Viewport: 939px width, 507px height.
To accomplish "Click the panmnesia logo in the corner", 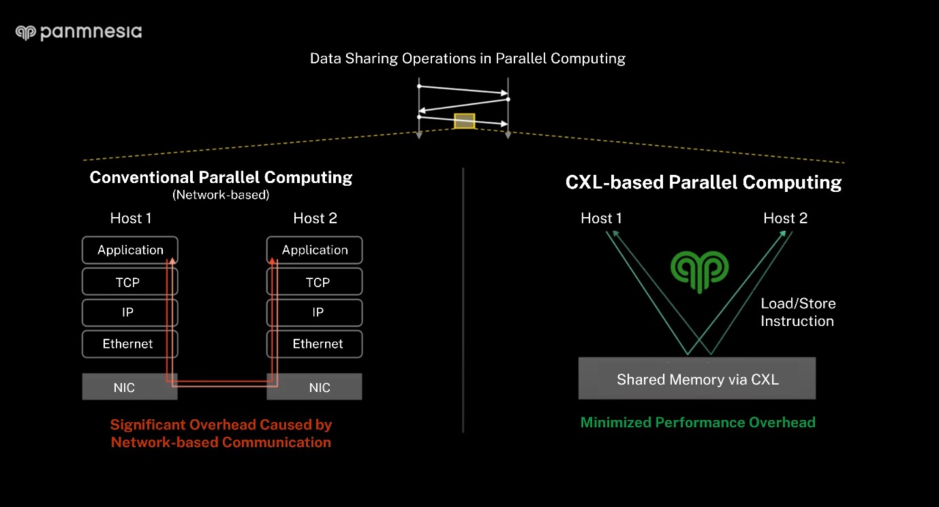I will (x=78, y=32).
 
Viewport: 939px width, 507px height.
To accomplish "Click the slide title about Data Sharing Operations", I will (x=467, y=58).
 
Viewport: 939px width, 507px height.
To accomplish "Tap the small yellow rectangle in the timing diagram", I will (x=464, y=121).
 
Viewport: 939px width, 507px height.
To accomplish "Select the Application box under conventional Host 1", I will (x=130, y=250).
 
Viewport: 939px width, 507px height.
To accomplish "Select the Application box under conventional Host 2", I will (x=315, y=250).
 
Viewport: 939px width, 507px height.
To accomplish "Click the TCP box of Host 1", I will (x=128, y=282).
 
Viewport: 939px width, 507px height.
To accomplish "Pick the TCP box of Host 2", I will (x=317, y=282).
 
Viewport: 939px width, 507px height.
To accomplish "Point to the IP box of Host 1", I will (x=128, y=312).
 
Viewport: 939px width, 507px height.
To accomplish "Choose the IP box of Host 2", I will (x=317, y=312).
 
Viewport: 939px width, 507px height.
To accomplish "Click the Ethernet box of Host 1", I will (x=128, y=344).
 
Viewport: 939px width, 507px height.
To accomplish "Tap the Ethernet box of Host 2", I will (x=317, y=344).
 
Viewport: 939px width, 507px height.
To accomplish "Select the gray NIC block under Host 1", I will (x=125, y=388).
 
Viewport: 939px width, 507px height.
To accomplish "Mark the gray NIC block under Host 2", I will (x=319, y=388).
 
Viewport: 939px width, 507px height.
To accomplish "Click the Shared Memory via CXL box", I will (x=697, y=379).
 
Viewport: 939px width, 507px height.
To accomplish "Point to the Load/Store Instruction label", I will (x=797, y=312).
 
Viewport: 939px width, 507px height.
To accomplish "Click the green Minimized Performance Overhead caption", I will (x=698, y=422).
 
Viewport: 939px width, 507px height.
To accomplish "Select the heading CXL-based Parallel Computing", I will (x=703, y=182).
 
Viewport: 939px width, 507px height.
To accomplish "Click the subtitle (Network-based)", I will (x=221, y=195).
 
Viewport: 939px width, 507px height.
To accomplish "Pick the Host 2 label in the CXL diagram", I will (x=785, y=218).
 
